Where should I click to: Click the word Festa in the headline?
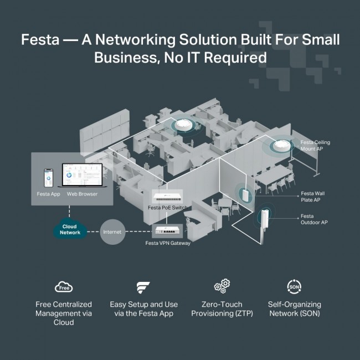pyautogui.click(x=43, y=40)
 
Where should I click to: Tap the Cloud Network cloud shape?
pyautogui.click(x=70, y=229)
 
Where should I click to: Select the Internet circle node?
pyautogui.click(x=111, y=232)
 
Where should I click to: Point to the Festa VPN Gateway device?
pyautogui.click(x=171, y=232)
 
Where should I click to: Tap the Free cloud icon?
pyautogui.click(x=64, y=287)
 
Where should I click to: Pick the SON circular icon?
pyautogui.click(x=294, y=287)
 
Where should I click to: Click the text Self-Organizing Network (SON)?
pyautogui.click(x=294, y=309)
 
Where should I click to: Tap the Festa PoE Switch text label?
pyautogui.click(x=167, y=208)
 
